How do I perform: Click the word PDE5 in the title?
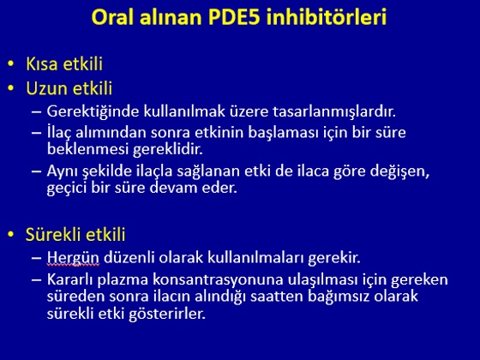[x=234, y=17]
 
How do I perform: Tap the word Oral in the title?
[x=112, y=17]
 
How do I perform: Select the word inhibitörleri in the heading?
[x=327, y=17]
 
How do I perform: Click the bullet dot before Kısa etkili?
[x=11, y=63]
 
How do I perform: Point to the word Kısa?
[x=42, y=63]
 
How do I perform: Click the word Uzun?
[x=46, y=88]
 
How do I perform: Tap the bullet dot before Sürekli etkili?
[x=11, y=235]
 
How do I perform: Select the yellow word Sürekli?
[x=53, y=235]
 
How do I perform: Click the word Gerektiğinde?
[x=93, y=111]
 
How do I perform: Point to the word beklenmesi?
[x=87, y=149]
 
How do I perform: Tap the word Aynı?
[x=62, y=171]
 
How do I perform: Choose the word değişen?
[x=399, y=171]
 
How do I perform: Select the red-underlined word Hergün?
[x=73, y=258]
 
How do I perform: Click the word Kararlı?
[x=70, y=279]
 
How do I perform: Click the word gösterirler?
[x=167, y=314]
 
